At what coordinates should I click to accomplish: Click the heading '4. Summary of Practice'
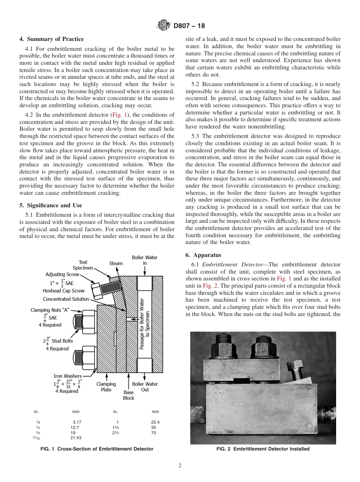click(x=52, y=39)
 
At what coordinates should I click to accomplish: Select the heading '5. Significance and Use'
click(x=50, y=205)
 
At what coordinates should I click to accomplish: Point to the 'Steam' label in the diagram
click(x=116, y=263)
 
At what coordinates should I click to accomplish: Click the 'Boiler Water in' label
click(x=144, y=260)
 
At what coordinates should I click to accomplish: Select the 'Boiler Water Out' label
click(x=145, y=387)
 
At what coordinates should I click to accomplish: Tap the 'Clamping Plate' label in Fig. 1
click(x=106, y=387)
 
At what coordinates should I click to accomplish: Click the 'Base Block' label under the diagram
click(x=128, y=395)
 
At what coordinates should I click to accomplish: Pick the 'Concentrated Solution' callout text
click(x=66, y=299)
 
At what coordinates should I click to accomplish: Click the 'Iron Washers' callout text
click(x=67, y=376)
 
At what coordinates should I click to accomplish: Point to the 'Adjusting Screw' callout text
click(x=63, y=274)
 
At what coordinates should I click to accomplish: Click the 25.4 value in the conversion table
click(x=155, y=422)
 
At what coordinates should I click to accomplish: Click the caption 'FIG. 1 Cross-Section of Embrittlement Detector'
click(x=97, y=449)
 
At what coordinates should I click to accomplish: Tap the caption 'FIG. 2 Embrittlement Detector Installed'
click(x=263, y=449)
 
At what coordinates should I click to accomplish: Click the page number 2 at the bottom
click(x=180, y=466)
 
